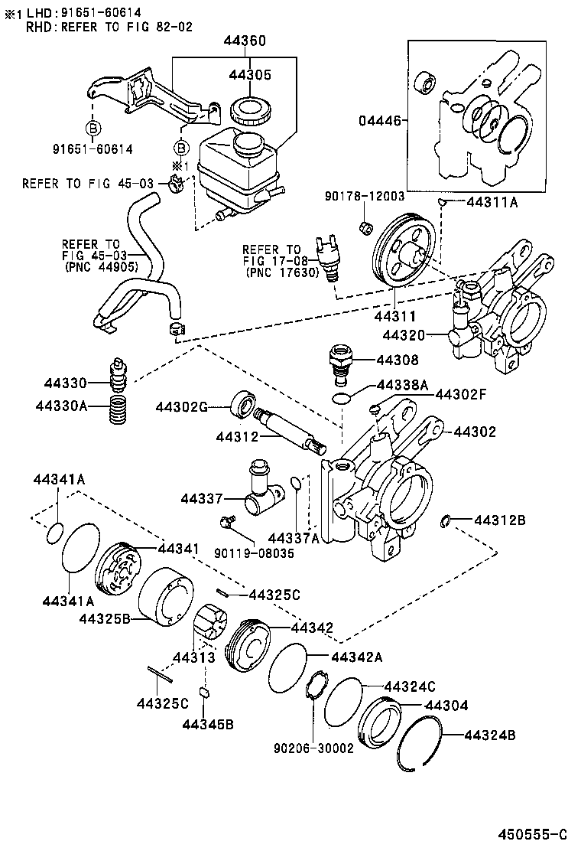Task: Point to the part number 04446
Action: [379, 120]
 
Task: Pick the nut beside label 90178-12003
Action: [365, 227]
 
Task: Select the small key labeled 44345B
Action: [204, 693]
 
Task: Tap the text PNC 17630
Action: [282, 272]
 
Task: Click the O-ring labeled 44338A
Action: [342, 397]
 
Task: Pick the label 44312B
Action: [500, 520]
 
